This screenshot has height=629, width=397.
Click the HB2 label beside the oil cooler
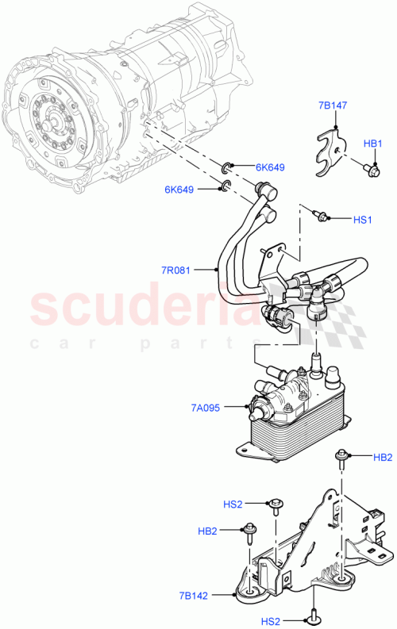[382, 458]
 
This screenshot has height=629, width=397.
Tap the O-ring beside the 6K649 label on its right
[226, 166]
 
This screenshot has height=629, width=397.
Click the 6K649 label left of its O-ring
[179, 189]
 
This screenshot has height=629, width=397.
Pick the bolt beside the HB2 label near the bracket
[252, 529]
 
